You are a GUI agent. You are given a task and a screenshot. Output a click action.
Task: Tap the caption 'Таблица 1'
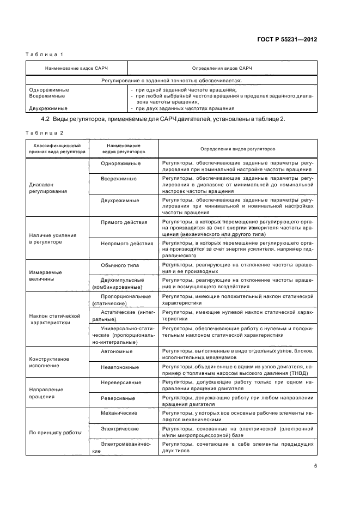pyautogui.click(x=45, y=55)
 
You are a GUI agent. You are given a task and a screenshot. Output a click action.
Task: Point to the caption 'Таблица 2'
pyautogui.click(x=45, y=132)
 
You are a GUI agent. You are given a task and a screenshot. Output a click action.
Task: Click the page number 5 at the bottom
pyautogui.click(x=315, y=466)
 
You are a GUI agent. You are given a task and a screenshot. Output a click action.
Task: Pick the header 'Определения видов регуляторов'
pyautogui.click(x=238, y=149)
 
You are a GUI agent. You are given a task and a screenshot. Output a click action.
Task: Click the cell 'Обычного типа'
pyautogui.click(x=120, y=265)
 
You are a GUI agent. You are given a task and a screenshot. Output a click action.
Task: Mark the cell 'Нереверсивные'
pyautogui.click(x=121, y=382)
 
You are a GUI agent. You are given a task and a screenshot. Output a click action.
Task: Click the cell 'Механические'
pyautogui.click(x=119, y=413)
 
